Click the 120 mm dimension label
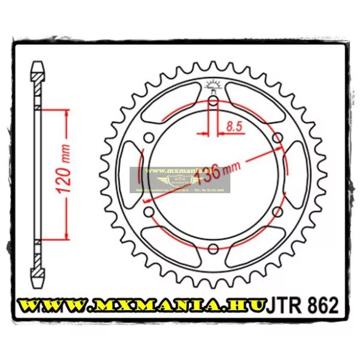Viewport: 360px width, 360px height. tap(66, 175)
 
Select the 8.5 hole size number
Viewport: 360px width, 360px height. tap(233, 128)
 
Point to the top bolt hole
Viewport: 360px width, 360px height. tap(212, 102)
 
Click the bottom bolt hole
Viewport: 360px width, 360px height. tap(212, 248)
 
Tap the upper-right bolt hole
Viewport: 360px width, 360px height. tap(276, 138)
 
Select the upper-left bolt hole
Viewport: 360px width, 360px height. tap(148, 138)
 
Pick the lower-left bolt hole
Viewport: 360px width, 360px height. tap(148, 212)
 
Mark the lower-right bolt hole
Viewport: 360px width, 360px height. tap(276, 212)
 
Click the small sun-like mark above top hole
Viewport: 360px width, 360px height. tap(212, 86)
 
